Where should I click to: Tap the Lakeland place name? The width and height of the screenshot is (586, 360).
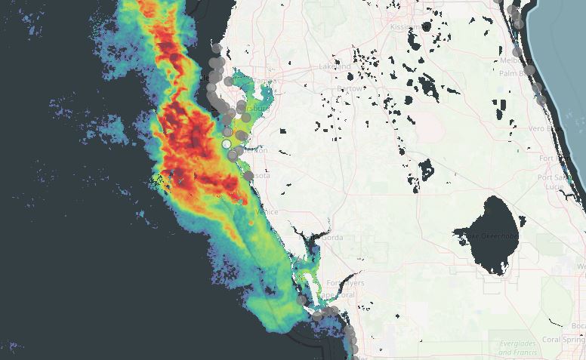click(335, 66)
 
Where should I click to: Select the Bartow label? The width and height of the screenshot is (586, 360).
click(350, 88)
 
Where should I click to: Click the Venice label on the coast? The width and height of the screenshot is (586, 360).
click(267, 212)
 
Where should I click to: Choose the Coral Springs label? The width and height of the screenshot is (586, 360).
click(566, 340)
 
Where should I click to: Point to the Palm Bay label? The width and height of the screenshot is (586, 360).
click(513, 73)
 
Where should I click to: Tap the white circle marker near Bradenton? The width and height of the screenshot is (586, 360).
click(226, 143)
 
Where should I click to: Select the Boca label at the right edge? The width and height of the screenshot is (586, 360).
click(578, 325)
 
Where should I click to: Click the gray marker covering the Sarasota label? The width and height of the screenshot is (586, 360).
click(248, 176)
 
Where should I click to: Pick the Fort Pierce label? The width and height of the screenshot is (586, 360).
click(549, 158)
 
